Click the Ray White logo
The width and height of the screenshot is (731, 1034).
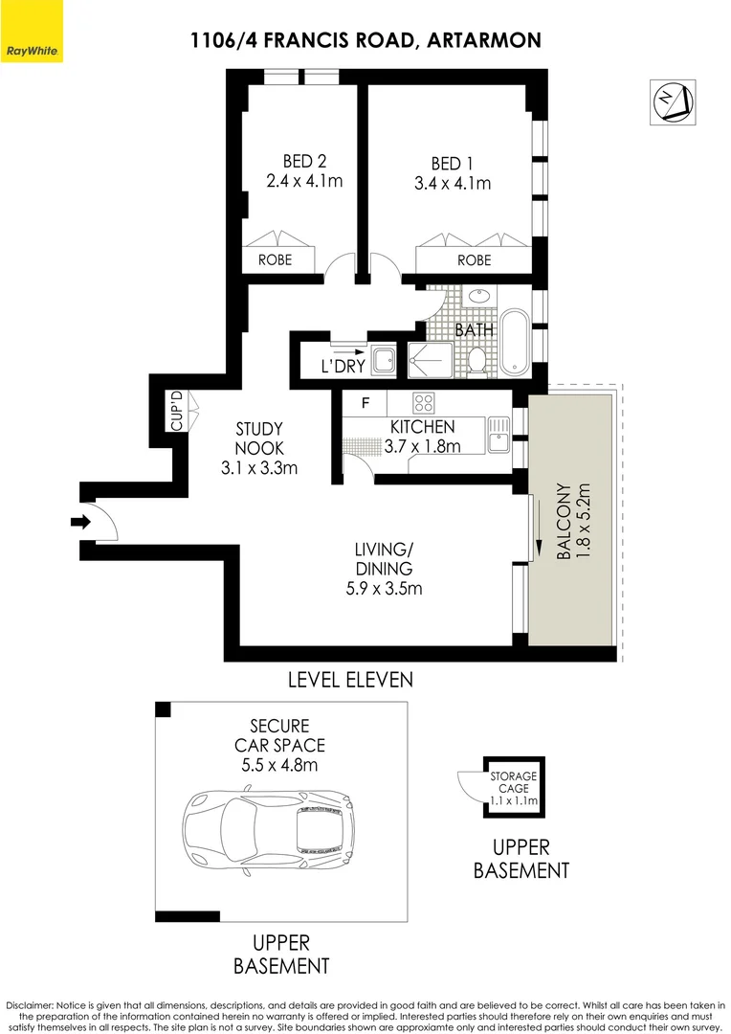tap(31, 31)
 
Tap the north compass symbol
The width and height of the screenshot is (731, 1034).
tap(673, 101)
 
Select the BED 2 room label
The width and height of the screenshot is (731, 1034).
tap(304, 161)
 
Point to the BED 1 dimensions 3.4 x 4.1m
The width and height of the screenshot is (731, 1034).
tap(453, 183)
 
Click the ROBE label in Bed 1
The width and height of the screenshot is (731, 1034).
tap(475, 259)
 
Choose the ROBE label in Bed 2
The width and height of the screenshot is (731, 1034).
tap(275, 259)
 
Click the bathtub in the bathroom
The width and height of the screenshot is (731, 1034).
tap(514, 342)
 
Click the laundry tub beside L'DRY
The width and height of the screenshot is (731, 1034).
tap(383, 361)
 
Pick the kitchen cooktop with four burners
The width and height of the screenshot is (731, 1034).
tap(423, 402)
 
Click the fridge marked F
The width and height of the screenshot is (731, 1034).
tap(365, 403)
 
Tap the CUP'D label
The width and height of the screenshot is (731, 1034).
tap(177, 411)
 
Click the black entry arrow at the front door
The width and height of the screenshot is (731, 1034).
tap(79, 523)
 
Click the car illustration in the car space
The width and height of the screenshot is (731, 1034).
tap(268, 822)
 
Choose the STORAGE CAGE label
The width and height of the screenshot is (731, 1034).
tap(514, 782)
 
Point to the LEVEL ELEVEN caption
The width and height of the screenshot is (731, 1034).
tap(350, 680)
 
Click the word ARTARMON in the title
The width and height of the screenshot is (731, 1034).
tap(484, 41)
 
